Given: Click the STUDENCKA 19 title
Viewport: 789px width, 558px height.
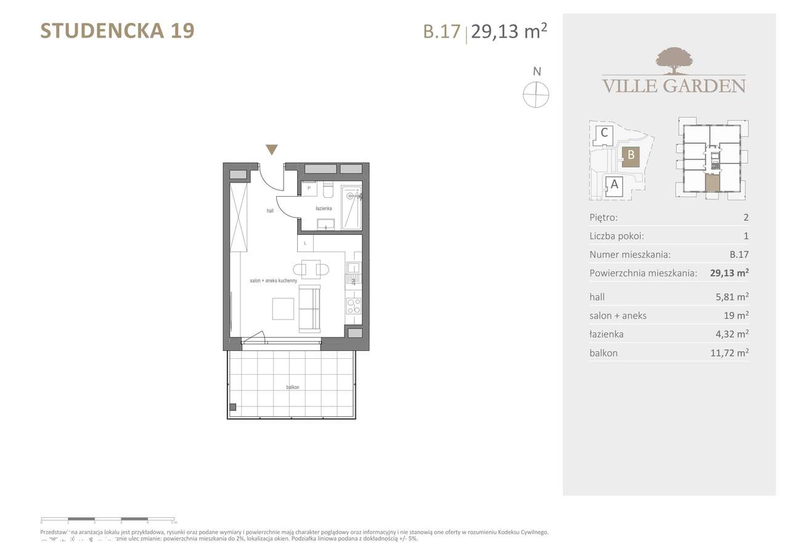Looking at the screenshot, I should tap(117, 30).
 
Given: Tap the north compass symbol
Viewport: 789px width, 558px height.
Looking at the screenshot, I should tap(536, 95).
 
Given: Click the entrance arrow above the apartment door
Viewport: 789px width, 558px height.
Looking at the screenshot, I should tap(271, 150).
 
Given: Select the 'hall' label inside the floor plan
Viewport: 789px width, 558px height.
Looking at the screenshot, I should tap(270, 211).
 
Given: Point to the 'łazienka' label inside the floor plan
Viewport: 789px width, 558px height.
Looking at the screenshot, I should tap(324, 208).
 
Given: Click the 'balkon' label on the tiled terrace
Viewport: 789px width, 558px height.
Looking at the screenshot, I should tap(292, 387).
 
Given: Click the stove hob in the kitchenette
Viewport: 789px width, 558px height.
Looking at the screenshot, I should tap(354, 306).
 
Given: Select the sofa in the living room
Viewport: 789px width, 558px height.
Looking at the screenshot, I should tap(309, 309).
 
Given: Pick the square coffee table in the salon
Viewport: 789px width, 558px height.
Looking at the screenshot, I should tap(283, 309).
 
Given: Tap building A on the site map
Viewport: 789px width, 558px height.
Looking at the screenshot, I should tap(613, 184).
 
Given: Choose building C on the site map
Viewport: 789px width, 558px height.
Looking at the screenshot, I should tap(604, 133).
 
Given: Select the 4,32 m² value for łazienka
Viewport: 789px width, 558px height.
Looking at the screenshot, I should tap(731, 334).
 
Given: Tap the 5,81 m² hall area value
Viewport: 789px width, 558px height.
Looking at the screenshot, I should tap(731, 297).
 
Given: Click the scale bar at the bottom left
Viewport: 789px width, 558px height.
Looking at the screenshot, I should tap(108, 519).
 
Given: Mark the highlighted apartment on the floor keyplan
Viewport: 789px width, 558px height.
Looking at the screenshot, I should tap(712, 183).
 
